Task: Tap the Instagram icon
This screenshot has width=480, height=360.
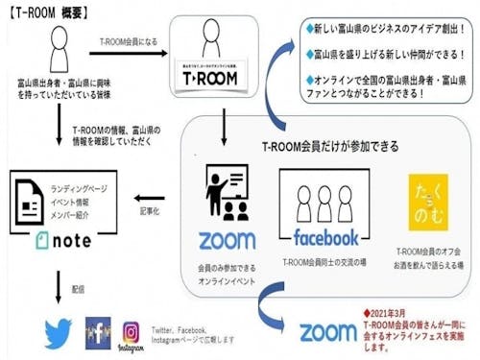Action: [132, 332]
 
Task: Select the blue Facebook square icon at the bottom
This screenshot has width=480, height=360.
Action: [98, 331]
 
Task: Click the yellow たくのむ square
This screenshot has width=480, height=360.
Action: [426, 202]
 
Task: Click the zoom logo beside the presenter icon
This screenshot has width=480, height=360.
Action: [227, 239]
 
